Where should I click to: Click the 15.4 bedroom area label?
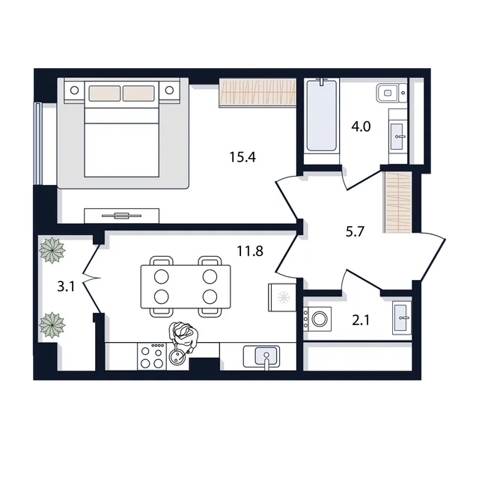(242, 157)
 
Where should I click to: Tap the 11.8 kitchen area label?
(250, 251)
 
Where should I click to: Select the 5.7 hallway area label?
(355, 231)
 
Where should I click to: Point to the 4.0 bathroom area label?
(361, 126)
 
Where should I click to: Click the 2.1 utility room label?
(361, 320)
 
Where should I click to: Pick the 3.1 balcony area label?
(66, 287)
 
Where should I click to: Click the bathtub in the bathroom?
(322, 116)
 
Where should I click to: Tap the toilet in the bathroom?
(391, 93)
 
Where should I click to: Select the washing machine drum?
(320, 319)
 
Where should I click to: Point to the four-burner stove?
(152, 356)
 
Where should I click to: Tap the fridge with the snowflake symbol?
(282, 298)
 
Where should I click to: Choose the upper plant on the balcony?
(52, 250)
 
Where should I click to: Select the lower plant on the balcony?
(52, 325)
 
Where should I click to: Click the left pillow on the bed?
(105, 93)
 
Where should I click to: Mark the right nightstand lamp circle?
(169, 90)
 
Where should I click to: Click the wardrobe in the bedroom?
(257, 93)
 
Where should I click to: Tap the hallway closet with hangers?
(397, 202)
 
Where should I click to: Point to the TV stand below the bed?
(121, 216)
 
